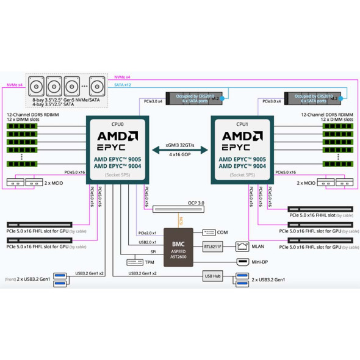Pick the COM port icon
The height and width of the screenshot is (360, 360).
pos(207,232)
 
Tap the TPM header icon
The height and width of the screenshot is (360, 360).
pos(134,262)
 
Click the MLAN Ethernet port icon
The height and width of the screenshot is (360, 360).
pos(242,247)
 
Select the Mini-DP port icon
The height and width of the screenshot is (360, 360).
pos(242,261)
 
